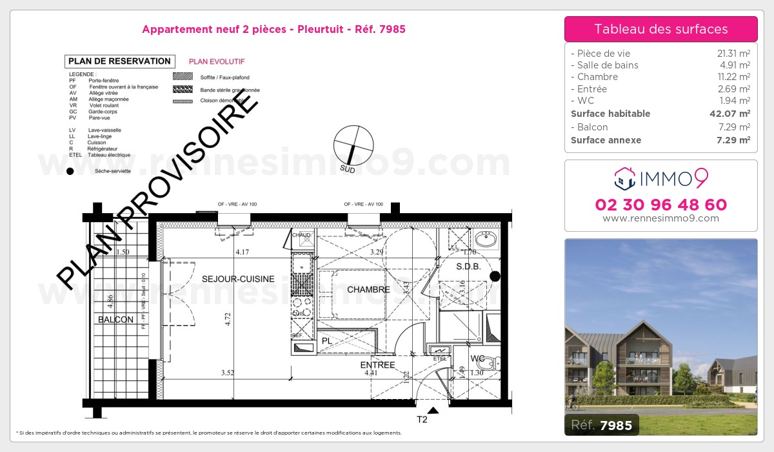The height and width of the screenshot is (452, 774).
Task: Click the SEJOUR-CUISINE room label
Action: [x=238, y=279]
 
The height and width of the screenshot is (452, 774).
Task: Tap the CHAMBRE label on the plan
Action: [x=368, y=290]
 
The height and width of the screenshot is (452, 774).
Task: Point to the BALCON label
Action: [x=116, y=320]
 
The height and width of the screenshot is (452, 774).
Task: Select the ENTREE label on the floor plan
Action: [x=377, y=365]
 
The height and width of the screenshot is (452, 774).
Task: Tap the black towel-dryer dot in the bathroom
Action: [x=495, y=276]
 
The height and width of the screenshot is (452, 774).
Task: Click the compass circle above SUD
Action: [x=353, y=144]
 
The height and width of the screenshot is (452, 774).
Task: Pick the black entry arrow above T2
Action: [x=433, y=409]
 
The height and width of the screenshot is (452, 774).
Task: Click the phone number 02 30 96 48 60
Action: [x=660, y=205]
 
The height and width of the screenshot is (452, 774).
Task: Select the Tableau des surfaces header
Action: [x=660, y=29]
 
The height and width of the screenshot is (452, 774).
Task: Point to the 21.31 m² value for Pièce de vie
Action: [x=734, y=54]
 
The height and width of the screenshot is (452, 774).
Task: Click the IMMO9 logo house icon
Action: [x=625, y=179]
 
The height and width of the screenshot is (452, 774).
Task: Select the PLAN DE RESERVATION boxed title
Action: [x=120, y=61]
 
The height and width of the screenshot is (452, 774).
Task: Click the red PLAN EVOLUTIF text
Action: [x=216, y=62]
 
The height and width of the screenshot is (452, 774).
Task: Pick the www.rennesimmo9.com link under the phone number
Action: [x=660, y=218]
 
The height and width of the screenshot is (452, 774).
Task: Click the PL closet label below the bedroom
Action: [x=326, y=340]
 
